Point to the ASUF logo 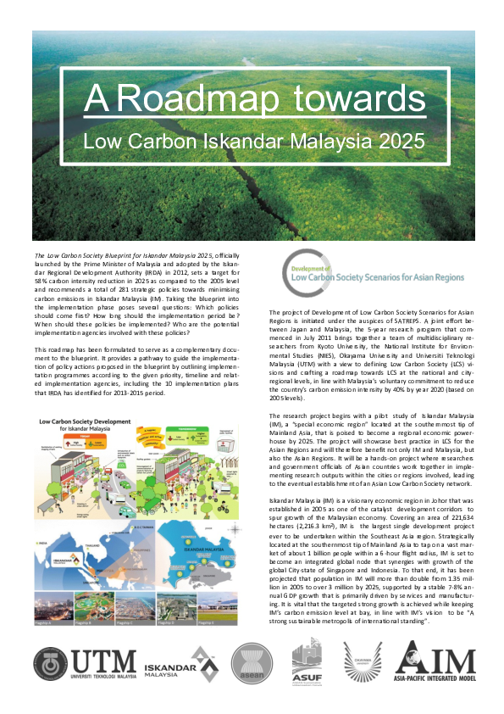click(x=306, y=661)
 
